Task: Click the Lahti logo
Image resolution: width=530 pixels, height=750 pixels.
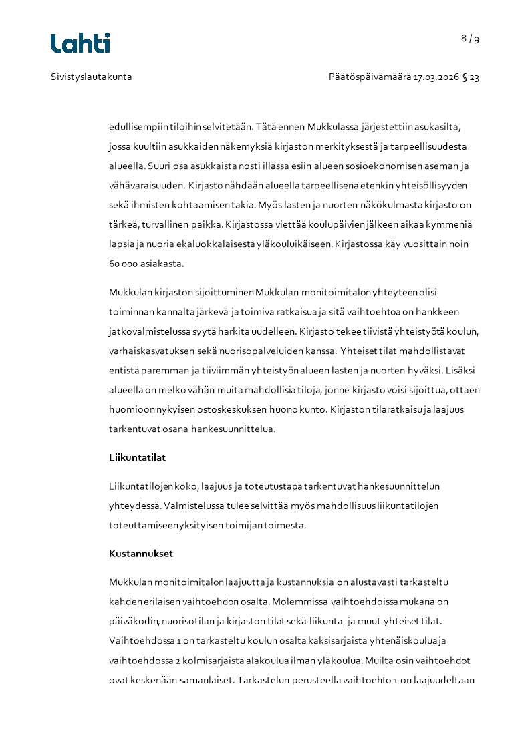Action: pyautogui.click(x=80, y=43)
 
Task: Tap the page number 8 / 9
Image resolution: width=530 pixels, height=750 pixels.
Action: pyautogui.click(x=470, y=39)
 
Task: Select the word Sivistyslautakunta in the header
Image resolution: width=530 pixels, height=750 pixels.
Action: pyautogui.click(x=92, y=77)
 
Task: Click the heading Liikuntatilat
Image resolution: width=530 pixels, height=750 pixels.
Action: pyautogui.click(x=137, y=458)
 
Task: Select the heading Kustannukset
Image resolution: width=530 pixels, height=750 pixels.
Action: pyautogui.click(x=140, y=554)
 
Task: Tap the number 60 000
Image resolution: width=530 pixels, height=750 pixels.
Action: pyautogui.click(x=124, y=264)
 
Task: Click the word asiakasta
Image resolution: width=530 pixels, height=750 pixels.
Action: pyautogui.click(x=162, y=264)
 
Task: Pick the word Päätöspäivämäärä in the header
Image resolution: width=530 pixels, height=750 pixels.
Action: pyautogui.click(x=370, y=77)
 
